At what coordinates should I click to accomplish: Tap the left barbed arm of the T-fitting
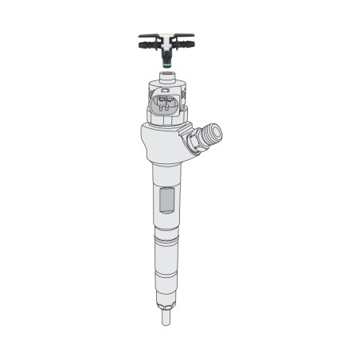tap(148, 38)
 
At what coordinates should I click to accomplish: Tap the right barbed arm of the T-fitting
tap(185, 38)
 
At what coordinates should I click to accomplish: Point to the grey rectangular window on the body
tap(166, 200)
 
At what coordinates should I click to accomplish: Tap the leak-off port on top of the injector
tap(166, 76)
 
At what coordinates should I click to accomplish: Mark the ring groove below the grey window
tap(166, 236)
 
